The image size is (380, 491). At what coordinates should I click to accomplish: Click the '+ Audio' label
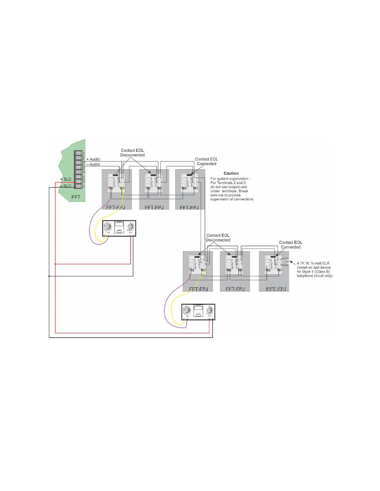click(x=93, y=159)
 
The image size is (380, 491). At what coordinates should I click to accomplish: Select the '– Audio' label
click(x=93, y=164)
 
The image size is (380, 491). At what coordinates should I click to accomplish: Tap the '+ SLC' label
click(x=66, y=179)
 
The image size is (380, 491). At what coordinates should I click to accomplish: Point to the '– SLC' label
click(x=66, y=186)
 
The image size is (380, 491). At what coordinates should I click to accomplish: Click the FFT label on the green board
click(x=76, y=197)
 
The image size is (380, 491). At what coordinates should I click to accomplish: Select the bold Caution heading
click(x=231, y=173)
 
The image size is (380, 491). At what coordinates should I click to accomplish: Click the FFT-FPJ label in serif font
click(x=276, y=289)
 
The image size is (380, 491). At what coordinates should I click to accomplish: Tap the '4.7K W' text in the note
click(x=302, y=263)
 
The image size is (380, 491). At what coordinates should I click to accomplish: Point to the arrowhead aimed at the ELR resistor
click(x=291, y=262)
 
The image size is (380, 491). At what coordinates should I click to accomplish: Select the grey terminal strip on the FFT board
click(x=78, y=169)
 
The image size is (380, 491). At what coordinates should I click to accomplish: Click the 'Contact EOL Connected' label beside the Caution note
click(x=206, y=161)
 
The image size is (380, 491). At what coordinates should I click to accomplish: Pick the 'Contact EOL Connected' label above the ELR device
click(x=290, y=245)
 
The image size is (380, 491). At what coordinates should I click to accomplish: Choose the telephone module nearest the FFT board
click(x=119, y=228)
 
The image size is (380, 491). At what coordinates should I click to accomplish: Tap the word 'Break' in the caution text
click(x=243, y=191)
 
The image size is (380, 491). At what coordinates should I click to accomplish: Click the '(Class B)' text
click(x=322, y=272)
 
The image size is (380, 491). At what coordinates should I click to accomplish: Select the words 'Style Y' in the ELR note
click(x=308, y=272)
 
